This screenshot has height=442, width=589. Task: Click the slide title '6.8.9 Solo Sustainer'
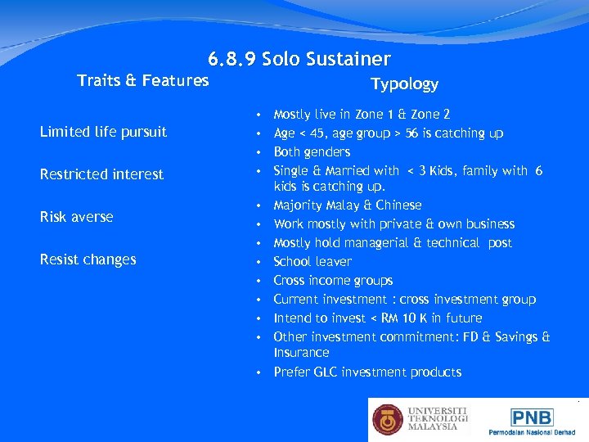pyautogui.click(x=299, y=59)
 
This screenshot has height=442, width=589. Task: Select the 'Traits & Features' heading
pyautogui.click(x=142, y=80)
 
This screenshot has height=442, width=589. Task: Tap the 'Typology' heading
pyautogui.click(x=404, y=84)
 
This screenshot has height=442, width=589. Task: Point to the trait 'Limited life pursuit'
pyautogui.click(x=103, y=132)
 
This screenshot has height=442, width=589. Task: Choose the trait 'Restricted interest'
pyautogui.click(x=101, y=174)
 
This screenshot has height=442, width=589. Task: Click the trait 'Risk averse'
pyautogui.click(x=76, y=217)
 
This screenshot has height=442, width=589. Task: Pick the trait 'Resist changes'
pyautogui.click(x=88, y=259)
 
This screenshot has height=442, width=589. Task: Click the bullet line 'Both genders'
pyautogui.click(x=312, y=152)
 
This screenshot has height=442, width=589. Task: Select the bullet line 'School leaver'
pyautogui.click(x=312, y=262)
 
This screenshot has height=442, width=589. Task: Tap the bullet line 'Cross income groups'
pyautogui.click(x=333, y=281)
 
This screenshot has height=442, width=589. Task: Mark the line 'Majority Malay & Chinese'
pyautogui.click(x=347, y=205)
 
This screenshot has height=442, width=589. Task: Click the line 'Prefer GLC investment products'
pyautogui.click(x=367, y=372)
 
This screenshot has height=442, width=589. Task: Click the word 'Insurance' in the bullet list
pyautogui.click(x=301, y=353)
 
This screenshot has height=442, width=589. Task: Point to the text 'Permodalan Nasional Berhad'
pyautogui.click(x=533, y=431)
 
